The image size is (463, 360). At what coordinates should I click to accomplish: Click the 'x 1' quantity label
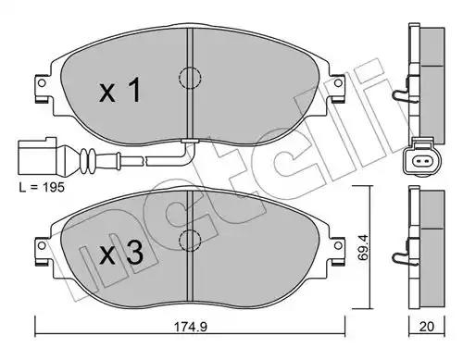coord(120,90)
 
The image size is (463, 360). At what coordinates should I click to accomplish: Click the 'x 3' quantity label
coord(121,253)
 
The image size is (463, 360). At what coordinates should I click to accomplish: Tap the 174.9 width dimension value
coord(191,327)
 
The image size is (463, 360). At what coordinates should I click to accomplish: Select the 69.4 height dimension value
coord(363,248)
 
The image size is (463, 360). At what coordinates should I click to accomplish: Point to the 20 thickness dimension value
coord(427,327)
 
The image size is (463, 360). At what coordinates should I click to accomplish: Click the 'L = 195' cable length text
coord(42,187)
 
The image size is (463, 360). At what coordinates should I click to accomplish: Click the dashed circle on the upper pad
coord(190,78)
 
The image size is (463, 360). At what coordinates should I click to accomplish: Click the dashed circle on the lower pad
coord(190,240)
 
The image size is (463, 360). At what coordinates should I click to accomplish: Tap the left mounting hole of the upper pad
coord(42,83)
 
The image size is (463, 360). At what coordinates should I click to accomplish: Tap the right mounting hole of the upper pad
coord(338,83)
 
